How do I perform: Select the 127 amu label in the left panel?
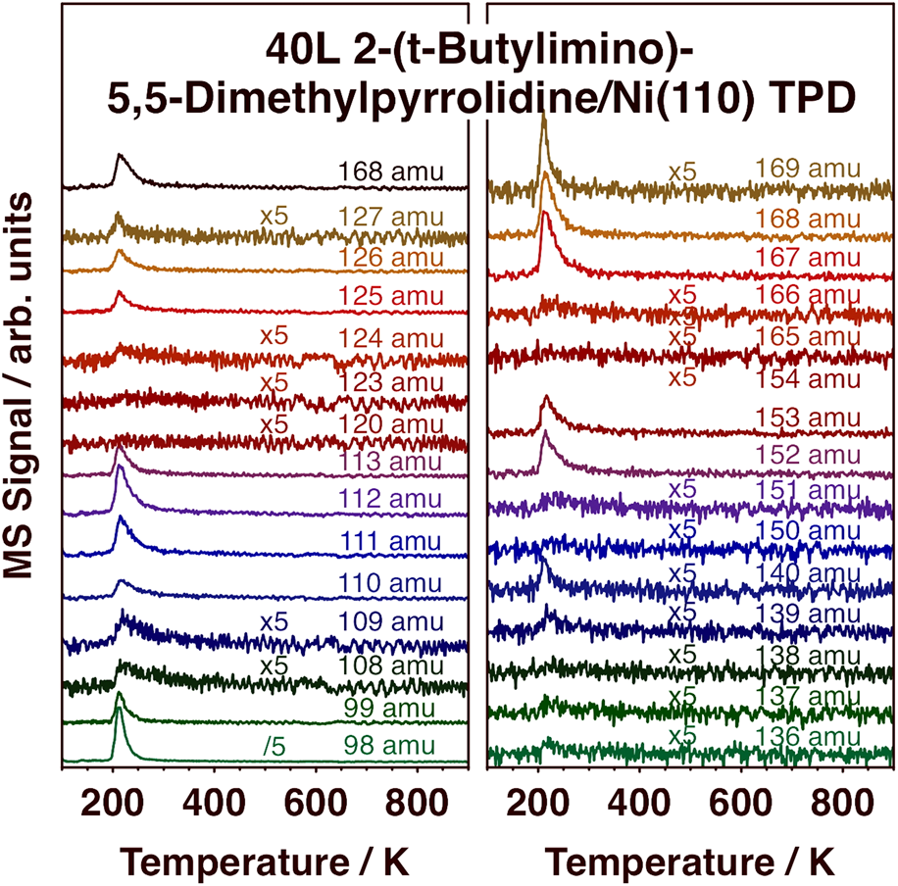click(x=390, y=216)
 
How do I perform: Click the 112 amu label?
click(x=390, y=499)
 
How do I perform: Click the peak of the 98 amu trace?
click(x=120, y=693)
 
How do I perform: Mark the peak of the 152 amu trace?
click(x=545, y=432)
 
